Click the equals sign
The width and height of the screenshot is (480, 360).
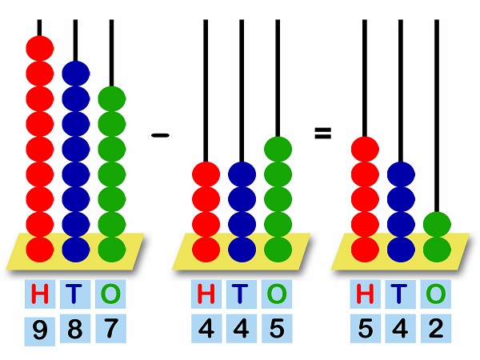pyautogui.click(x=322, y=134)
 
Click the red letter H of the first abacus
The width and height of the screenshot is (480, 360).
pyautogui.click(x=39, y=294)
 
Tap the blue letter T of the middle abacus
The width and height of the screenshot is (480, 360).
pyautogui.click(x=242, y=294)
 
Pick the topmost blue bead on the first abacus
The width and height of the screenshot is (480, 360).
pyautogui.click(x=76, y=74)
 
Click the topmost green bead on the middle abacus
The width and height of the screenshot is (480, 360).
pyautogui.click(x=278, y=150)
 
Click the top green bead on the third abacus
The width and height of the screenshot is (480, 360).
pyautogui.click(x=436, y=225)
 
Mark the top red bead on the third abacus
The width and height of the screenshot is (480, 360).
pyautogui.click(x=364, y=150)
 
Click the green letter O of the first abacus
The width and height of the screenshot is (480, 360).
pyautogui.click(x=111, y=294)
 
